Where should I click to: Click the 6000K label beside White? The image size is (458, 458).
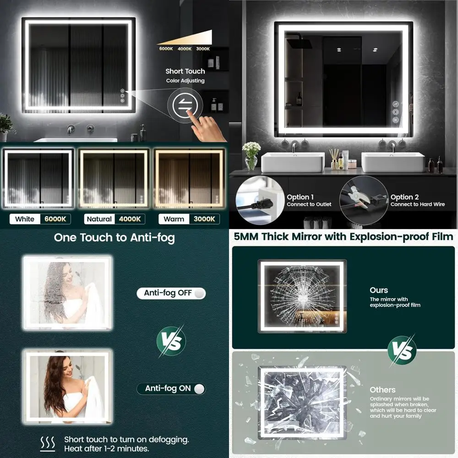[x=55, y=219]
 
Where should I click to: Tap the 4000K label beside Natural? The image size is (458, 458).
[x=130, y=219]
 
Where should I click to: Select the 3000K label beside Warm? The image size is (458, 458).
[x=204, y=219]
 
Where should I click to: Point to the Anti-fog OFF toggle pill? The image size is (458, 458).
[x=171, y=293]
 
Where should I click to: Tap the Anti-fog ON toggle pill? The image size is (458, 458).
[x=171, y=388]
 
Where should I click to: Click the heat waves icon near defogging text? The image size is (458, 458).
[x=48, y=443]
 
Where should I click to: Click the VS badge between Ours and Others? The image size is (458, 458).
[x=402, y=350]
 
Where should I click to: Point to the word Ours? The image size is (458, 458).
[x=379, y=290]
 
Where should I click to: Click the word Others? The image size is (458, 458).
[x=382, y=390]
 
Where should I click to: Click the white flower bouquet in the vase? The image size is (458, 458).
[x=251, y=149]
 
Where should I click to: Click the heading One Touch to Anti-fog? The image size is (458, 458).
[x=114, y=238]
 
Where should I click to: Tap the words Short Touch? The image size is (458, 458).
[x=185, y=71]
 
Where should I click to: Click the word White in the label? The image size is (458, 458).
[x=25, y=219]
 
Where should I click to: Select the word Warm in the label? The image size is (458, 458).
[x=174, y=219]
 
